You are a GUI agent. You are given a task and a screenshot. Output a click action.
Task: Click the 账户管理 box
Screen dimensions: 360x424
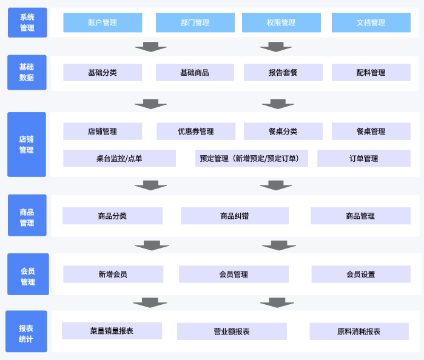(x=103, y=22)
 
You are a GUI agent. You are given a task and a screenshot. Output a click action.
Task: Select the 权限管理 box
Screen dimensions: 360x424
(x=281, y=22)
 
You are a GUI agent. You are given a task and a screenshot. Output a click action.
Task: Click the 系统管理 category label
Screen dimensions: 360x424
(x=27, y=22)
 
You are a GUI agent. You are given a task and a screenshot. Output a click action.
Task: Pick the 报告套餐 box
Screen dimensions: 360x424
(x=283, y=73)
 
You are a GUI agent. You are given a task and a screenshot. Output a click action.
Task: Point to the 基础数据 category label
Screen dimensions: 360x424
(x=27, y=72)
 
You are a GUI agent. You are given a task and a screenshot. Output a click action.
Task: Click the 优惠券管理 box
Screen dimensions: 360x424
(x=196, y=132)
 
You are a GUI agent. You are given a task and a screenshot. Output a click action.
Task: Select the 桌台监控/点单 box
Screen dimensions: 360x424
(x=119, y=158)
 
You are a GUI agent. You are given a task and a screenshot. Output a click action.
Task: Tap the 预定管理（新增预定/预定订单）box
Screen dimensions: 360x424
(x=251, y=158)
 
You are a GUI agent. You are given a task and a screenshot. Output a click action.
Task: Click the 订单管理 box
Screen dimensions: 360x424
(x=363, y=158)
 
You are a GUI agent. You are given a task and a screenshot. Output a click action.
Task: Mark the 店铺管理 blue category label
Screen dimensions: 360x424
(x=27, y=144)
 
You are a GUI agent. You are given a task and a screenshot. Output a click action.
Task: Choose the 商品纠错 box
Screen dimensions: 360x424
(x=234, y=216)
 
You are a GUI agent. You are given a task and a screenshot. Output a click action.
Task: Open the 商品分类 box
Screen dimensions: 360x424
(x=112, y=216)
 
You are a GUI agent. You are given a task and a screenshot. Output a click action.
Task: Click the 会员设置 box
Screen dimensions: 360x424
(x=360, y=274)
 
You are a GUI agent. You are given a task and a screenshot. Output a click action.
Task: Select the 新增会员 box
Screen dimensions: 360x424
(x=113, y=274)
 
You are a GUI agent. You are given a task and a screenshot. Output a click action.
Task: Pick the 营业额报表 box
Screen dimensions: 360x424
(x=232, y=332)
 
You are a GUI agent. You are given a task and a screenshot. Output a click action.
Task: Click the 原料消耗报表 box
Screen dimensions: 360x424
(x=359, y=332)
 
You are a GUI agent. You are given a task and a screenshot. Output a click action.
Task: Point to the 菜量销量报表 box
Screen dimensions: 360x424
(x=112, y=331)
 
